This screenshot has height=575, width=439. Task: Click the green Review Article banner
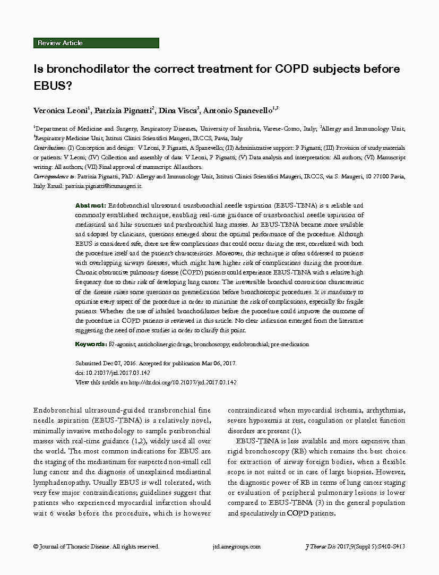(96, 43)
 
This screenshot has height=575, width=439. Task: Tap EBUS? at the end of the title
(54, 85)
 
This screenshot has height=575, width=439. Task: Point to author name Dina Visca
(179, 110)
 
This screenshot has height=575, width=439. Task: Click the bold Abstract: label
(91, 205)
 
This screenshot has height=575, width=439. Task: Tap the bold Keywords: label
(91, 345)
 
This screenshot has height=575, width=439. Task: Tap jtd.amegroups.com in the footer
(236, 546)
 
